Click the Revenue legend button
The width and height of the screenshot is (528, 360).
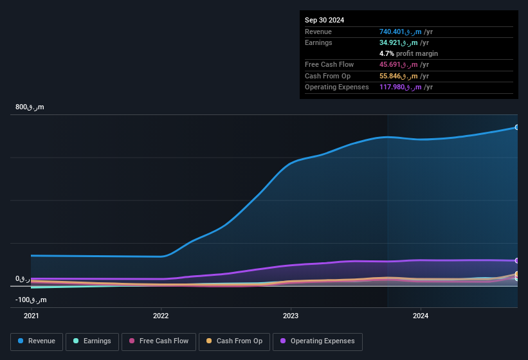37,341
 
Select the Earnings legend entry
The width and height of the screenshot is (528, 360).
92,341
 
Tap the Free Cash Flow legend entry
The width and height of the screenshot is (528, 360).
159,341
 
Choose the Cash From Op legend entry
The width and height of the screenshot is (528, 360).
234,341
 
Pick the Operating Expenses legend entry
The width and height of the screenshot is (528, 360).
317,341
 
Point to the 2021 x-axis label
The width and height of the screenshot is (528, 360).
31,316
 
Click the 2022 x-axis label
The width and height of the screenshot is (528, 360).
161,316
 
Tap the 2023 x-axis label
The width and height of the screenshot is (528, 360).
291,316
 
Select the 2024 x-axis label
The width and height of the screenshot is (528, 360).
421,316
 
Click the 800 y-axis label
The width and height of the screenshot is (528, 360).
30,107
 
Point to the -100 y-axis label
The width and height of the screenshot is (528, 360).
31,300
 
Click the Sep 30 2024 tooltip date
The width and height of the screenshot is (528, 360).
325,20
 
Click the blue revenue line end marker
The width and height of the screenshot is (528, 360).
516,127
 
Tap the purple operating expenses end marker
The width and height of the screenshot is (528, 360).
516,261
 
